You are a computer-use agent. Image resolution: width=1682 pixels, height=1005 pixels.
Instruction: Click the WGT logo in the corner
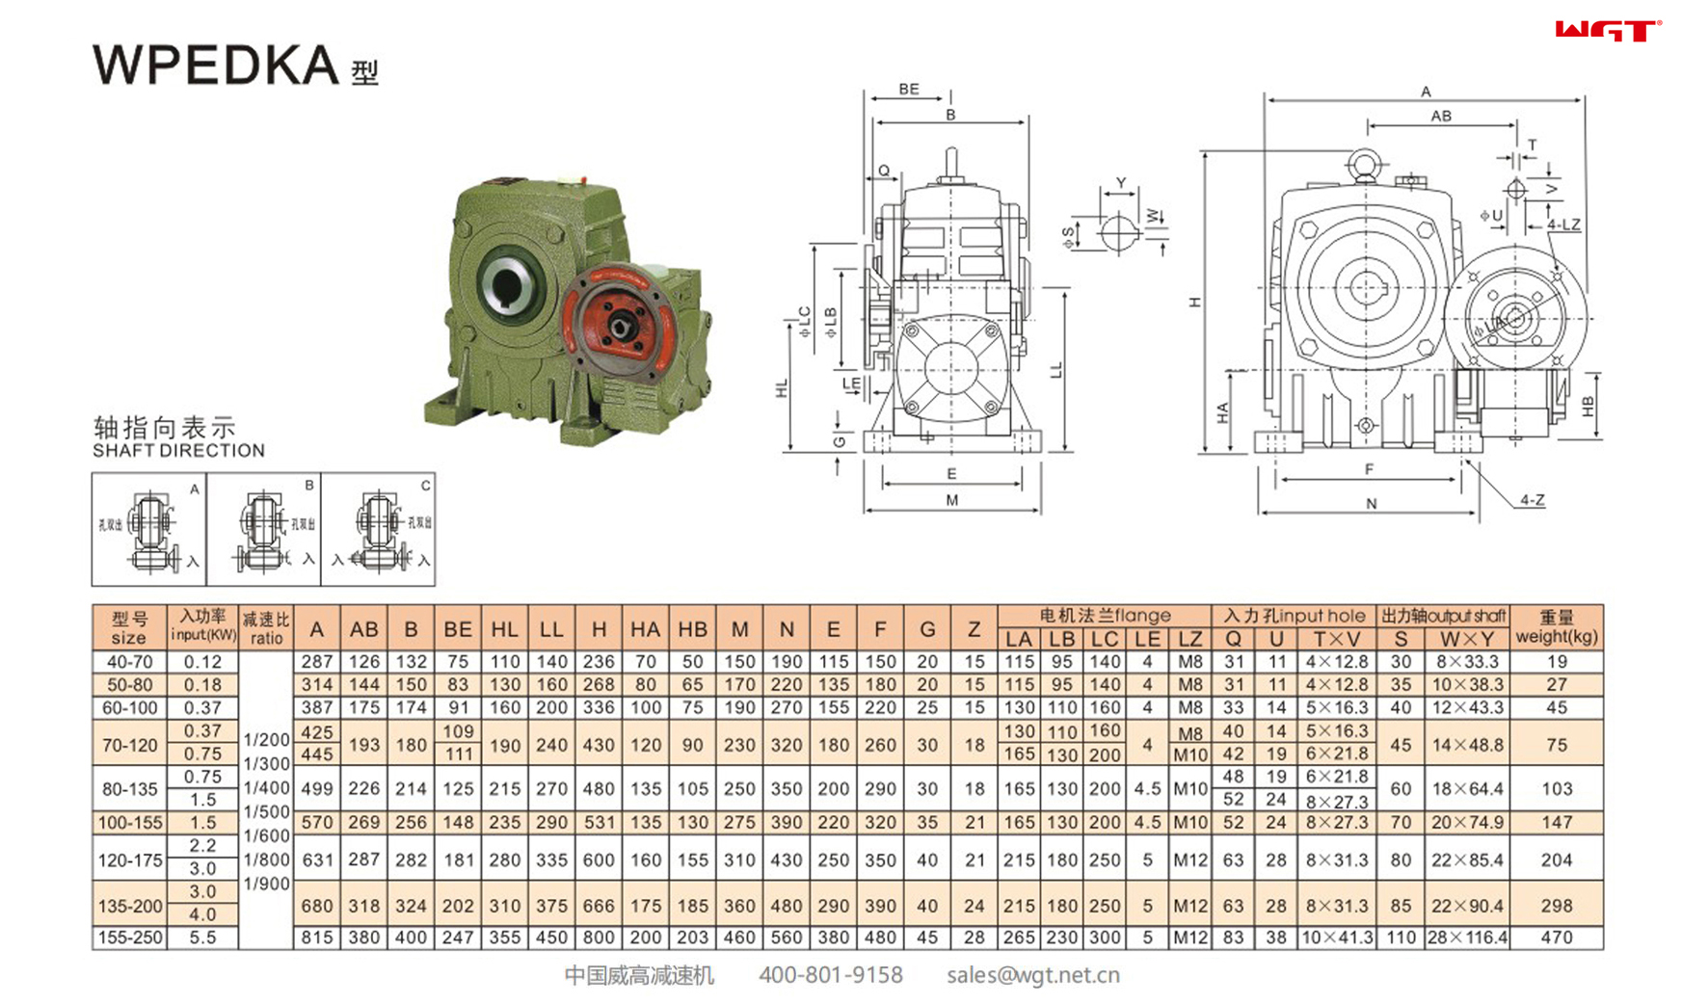click(1608, 31)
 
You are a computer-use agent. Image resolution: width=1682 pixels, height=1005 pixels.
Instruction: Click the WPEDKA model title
click(216, 66)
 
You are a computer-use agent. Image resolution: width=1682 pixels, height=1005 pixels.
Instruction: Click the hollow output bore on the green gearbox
click(506, 281)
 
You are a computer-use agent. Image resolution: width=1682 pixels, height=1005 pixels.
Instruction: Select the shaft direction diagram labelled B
click(263, 529)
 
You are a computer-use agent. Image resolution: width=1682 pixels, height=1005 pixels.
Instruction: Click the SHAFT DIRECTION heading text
click(178, 451)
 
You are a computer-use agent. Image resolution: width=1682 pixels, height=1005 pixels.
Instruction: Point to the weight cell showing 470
click(1556, 938)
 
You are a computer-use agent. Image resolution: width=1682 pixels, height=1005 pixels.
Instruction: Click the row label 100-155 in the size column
click(129, 823)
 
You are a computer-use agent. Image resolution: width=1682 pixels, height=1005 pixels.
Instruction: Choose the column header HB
click(692, 629)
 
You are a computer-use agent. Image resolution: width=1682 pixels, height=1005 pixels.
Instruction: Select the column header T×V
click(1336, 639)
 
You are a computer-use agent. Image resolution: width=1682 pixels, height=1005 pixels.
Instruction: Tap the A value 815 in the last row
click(316, 938)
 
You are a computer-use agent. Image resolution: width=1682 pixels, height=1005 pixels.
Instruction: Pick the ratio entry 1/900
click(266, 884)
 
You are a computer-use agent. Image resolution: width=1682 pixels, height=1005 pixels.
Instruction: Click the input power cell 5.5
click(202, 938)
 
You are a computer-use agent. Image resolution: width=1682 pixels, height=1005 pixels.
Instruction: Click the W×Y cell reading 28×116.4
click(1467, 938)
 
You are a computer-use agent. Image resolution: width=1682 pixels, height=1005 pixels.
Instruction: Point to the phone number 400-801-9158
click(830, 975)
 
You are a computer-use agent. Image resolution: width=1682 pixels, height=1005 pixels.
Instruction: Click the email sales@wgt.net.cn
click(1032, 975)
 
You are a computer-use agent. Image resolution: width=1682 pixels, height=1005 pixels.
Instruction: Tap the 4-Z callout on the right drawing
click(1532, 500)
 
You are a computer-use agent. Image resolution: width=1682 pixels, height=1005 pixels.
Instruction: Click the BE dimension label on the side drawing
click(908, 89)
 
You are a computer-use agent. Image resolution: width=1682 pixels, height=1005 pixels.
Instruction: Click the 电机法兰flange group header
click(1105, 616)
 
